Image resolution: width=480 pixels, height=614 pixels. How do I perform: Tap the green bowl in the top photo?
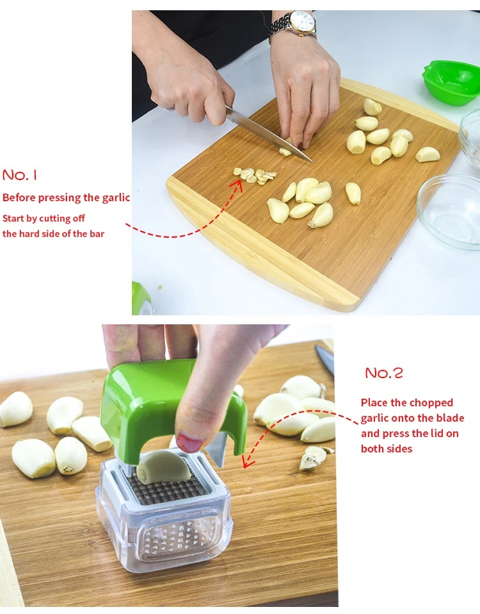[451, 82]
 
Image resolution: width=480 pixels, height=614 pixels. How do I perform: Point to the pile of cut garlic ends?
[255, 176]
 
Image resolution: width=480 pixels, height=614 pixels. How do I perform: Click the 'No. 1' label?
[20, 174]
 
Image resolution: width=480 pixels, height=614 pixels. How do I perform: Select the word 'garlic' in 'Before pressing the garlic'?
[116, 198]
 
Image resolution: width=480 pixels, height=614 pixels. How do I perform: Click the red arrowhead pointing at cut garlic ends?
[237, 185]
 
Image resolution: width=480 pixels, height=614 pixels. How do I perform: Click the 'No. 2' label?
[384, 373]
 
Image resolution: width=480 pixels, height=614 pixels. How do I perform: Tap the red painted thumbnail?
[189, 442]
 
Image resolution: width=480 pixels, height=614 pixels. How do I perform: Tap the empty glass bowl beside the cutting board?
[449, 211]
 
